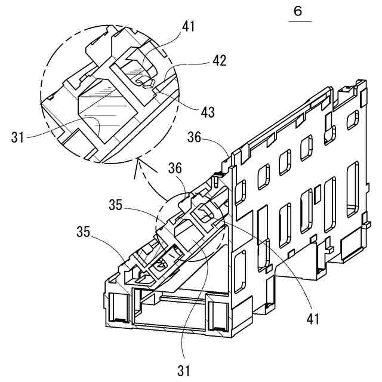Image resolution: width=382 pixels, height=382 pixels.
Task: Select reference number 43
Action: point(208,111)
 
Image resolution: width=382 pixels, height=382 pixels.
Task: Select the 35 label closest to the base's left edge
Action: point(83,232)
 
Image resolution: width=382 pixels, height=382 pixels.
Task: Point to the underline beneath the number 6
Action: point(300,22)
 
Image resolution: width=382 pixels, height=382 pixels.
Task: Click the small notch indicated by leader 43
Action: point(157,88)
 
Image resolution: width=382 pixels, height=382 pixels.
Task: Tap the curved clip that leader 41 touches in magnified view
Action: point(137,66)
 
